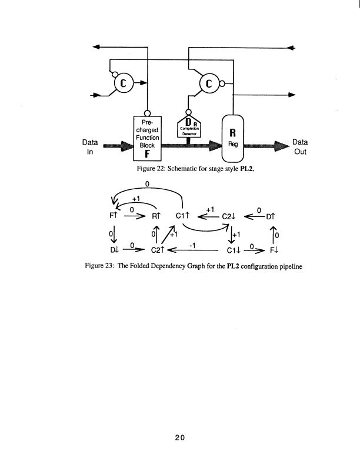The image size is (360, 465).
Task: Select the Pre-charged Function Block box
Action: (x=147, y=139)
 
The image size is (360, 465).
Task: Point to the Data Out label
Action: (x=301, y=146)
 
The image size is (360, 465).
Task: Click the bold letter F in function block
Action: (x=147, y=155)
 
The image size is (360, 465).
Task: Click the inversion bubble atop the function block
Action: (x=147, y=113)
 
